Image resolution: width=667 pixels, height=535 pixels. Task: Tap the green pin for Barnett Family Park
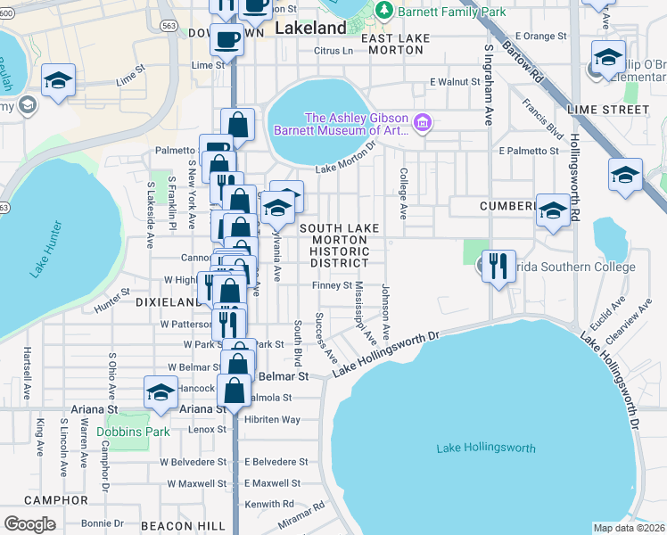pos(384,12)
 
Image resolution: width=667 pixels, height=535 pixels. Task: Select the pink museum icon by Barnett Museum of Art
pos(424,123)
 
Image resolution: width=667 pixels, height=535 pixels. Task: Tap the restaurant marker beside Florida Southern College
pos(498,265)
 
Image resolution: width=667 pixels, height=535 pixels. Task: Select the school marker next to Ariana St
pos(161,393)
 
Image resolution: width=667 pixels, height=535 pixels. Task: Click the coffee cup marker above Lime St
pos(226,40)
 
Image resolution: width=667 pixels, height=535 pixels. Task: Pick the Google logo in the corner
pos(29,523)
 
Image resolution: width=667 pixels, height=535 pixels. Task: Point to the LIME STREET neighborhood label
pos(613,110)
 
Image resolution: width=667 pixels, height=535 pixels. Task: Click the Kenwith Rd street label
pos(269,504)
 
